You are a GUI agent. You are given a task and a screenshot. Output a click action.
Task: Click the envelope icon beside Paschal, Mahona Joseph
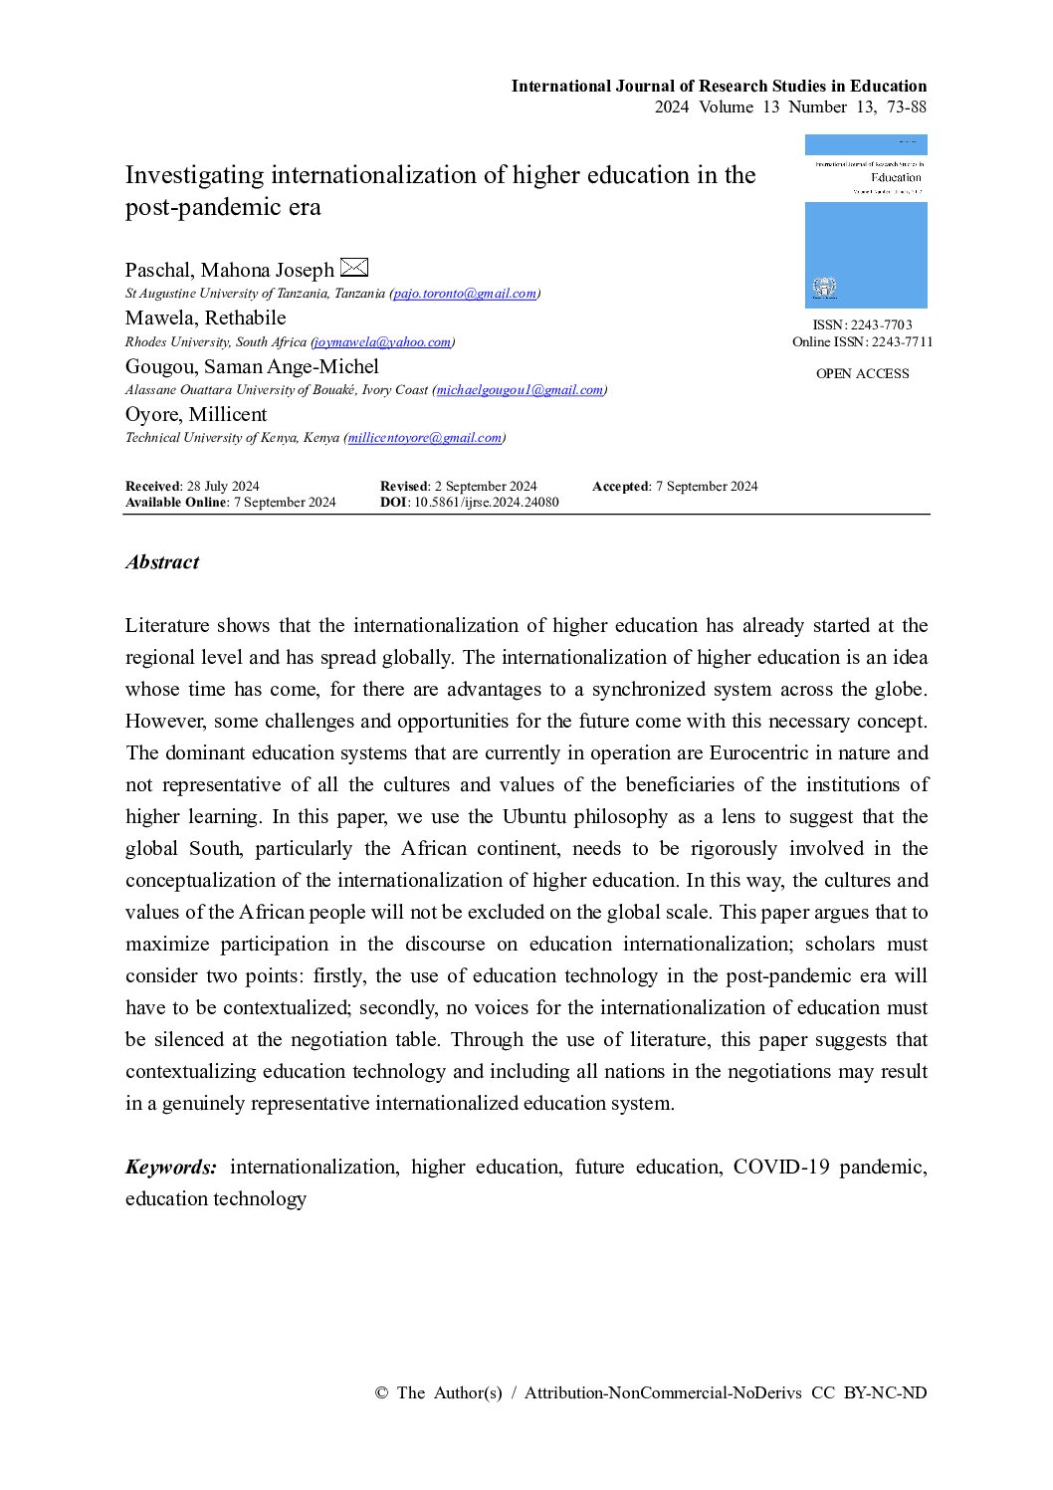click(354, 268)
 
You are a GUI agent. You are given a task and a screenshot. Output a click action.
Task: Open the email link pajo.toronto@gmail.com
click(465, 294)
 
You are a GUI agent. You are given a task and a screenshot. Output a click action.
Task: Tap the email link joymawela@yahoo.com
click(383, 342)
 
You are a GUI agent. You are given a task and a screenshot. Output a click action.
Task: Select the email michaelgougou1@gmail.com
click(520, 390)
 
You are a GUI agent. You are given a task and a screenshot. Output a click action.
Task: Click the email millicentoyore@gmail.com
click(425, 438)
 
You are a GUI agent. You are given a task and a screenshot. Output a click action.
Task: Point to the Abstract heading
click(162, 562)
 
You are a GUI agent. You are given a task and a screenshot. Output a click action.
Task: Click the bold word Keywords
click(170, 1168)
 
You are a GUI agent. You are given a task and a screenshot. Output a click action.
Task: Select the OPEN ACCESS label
click(862, 374)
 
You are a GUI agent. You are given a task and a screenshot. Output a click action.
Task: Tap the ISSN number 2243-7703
click(881, 325)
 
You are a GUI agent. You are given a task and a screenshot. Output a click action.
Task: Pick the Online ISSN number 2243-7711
click(902, 342)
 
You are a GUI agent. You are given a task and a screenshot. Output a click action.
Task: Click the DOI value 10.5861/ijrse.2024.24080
click(486, 503)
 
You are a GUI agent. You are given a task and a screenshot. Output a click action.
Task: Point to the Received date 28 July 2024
click(223, 487)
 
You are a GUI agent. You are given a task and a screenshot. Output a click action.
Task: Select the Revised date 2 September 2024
click(486, 487)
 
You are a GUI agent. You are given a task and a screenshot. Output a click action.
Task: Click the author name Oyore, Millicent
click(196, 415)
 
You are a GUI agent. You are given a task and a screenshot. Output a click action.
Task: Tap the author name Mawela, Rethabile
click(205, 319)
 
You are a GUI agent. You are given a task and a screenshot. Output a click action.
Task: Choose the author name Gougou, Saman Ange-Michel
click(252, 367)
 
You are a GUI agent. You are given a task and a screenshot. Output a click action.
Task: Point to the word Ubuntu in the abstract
click(534, 817)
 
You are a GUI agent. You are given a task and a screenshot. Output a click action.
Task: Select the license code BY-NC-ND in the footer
click(885, 1393)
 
